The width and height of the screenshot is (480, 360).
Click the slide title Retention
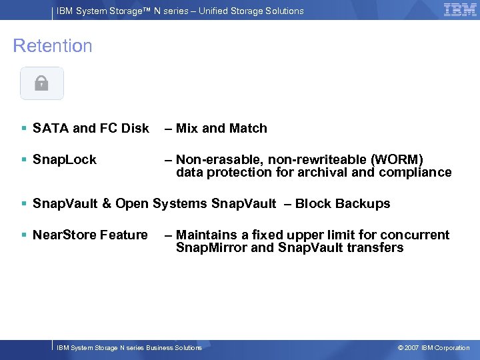click(x=53, y=46)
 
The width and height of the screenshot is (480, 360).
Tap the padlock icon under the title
click(x=41, y=83)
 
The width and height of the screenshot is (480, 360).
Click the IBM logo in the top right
click(x=459, y=9)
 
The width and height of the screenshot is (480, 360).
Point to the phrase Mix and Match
click(x=221, y=129)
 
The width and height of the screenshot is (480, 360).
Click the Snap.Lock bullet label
click(x=65, y=160)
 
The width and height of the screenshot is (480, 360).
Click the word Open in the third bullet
click(x=132, y=204)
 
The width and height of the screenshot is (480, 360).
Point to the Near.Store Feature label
click(x=90, y=235)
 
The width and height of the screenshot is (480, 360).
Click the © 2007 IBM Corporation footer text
click(x=433, y=348)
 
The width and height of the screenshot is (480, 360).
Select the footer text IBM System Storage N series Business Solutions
click(x=129, y=348)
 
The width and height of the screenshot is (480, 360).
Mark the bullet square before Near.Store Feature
click(x=24, y=235)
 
